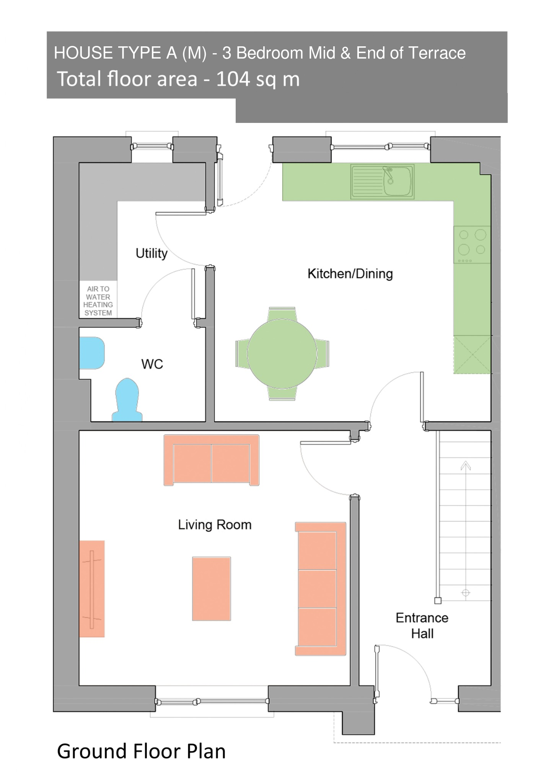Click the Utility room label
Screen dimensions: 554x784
(152, 253)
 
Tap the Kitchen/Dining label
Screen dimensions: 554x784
(350, 274)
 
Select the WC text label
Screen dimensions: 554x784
(152, 364)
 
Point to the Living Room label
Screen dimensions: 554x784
(215, 524)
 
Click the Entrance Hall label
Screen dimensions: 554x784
(422, 626)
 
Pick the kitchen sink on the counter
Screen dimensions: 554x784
(382, 181)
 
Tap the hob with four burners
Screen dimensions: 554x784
(472, 244)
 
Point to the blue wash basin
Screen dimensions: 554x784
(92, 353)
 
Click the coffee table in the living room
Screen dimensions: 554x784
(212, 589)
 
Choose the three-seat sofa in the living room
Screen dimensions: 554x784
(321, 589)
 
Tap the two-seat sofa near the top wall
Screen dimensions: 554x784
(212, 460)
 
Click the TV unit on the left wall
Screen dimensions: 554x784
(92, 589)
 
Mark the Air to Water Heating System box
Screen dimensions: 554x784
(98, 301)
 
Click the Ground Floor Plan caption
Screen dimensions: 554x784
(141, 751)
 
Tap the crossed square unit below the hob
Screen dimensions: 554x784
(472, 354)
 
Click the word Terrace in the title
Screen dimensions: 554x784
(437, 53)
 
